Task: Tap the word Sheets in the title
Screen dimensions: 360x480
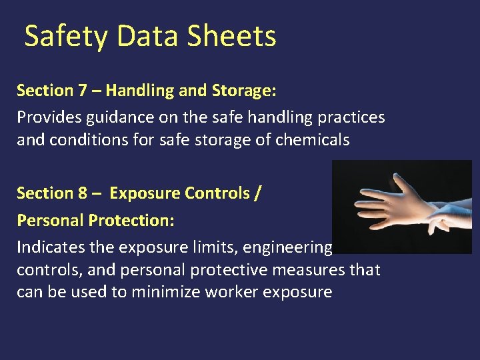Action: [231, 36]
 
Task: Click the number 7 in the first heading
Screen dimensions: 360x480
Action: [83, 90]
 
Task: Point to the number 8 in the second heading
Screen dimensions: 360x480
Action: [83, 193]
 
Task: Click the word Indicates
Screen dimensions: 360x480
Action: [47, 247]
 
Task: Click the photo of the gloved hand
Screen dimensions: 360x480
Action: [402, 207]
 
